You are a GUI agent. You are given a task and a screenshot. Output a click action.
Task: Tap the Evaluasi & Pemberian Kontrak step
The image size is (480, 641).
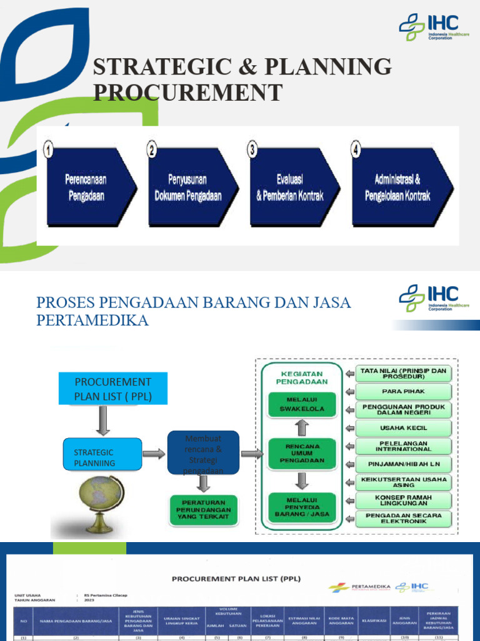point(290,187)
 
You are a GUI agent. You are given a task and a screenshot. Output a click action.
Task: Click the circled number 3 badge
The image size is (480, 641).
point(252,150)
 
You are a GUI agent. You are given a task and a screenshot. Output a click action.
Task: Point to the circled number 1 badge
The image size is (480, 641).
point(48,150)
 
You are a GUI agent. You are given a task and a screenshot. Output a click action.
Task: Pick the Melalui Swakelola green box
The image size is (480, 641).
point(302,404)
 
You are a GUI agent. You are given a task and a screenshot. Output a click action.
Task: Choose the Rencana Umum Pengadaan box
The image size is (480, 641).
point(302,454)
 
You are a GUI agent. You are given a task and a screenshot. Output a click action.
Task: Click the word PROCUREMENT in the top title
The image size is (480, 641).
point(187,93)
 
